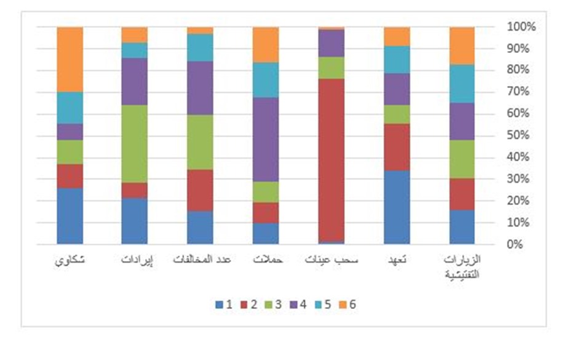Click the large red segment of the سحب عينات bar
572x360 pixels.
pos(331,159)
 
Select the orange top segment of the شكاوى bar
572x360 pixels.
pos(70,59)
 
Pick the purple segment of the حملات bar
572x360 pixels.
pos(266,139)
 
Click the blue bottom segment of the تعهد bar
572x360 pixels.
pos(396,207)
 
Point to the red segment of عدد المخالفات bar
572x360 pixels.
pos(200,190)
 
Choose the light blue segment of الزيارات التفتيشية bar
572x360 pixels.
pos(461,83)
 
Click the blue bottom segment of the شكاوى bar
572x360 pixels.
pos(70,216)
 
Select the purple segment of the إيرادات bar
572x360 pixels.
pos(134,81)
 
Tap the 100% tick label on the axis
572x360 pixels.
pos(522,27)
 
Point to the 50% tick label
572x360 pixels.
pos(522,135)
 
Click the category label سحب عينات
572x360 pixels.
pos(331,261)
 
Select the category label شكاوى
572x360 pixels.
pos(70,261)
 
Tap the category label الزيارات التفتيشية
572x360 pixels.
pos(462,266)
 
